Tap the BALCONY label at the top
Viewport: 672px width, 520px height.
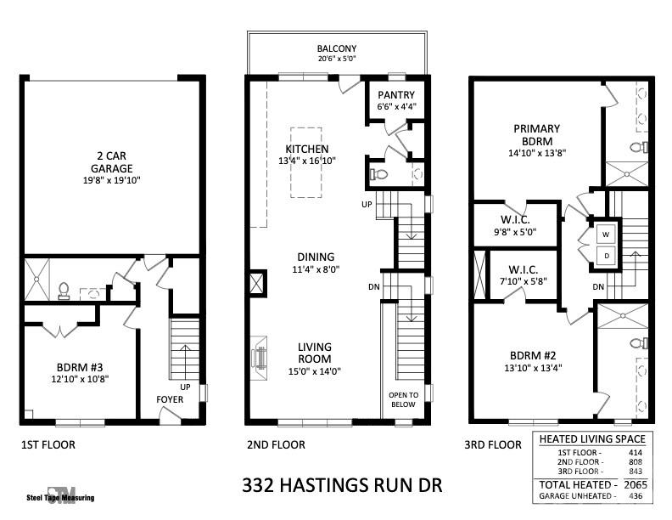(x=337, y=49)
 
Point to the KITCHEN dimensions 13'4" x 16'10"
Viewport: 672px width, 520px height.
(x=306, y=160)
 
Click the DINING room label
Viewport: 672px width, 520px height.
(x=315, y=257)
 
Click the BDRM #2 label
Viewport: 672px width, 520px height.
(x=532, y=356)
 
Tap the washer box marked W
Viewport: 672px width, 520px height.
(x=606, y=234)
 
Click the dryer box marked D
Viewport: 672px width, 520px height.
(x=606, y=255)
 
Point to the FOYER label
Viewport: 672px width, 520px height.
(x=170, y=399)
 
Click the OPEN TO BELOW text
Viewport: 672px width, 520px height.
(x=403, y=400)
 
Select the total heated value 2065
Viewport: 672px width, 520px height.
(x=635, y=483)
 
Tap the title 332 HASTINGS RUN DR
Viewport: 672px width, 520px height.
(x=342, y=486)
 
